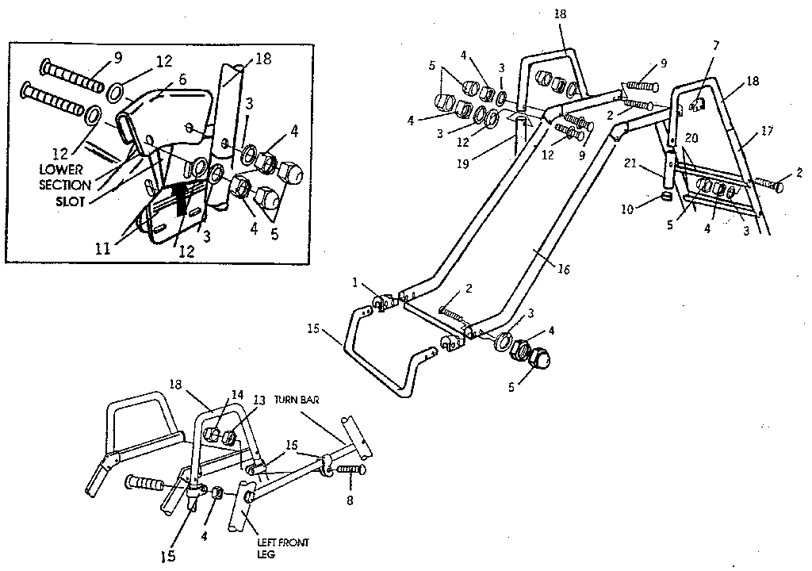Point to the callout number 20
coord(691,138)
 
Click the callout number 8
coord(351,501)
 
